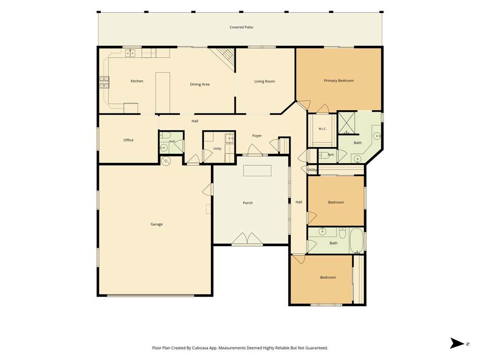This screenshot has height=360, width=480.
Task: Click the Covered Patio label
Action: pyautogui.click(x=241, y=27)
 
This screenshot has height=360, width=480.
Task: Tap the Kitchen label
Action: pyautogui.click(x=137, y=81)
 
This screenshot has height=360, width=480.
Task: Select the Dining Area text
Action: pyautogui.click(x=200, y=84)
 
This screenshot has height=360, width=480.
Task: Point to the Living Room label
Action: pyautogui.click(x=264, y=82)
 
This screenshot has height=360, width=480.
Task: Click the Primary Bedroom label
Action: pyautogui.click(x=338, y=81)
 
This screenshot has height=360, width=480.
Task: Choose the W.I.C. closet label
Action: pyautogui.click(x=322, y=129)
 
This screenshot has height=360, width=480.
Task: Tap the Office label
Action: pyautogui.click(x=128, y=140)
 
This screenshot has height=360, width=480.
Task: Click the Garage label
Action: pyautogui.click(x=157, y=225)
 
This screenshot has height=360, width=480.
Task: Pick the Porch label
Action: pyautogui.click(x=247, y=203)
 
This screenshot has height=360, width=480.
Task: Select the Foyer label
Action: pyautogui.click(x=257, y=136)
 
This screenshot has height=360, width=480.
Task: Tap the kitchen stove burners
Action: pyautogui.click(x=104, y=82)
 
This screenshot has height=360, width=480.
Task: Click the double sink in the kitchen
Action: pyautogui.click(x=130, y=53)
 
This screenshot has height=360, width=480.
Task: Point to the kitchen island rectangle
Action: pyautogui.click(x=163, y=93)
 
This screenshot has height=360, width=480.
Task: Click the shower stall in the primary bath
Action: pyautogui.click(x=347, y=123)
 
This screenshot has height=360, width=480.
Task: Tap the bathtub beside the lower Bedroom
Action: pyautogui.click(x=356, y=240)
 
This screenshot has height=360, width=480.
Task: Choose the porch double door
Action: pyautogui.click(x=247, y=239)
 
